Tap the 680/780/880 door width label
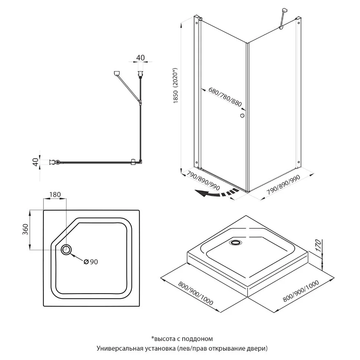(225, 97)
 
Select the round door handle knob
(242, 116)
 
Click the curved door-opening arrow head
(200, 193)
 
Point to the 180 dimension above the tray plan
(55, 194)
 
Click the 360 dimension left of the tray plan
(25, 229)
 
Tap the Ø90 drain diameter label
(91, 262)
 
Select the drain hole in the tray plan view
(66, 249)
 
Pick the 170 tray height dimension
(318, 245)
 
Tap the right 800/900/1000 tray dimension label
(301, 291)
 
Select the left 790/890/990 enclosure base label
(203, 181)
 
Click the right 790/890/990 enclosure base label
(284, 185)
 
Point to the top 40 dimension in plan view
(141, 58)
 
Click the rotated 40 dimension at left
(35, 162)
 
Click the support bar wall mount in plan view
(117, 73)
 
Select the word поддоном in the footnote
(200, 338)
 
